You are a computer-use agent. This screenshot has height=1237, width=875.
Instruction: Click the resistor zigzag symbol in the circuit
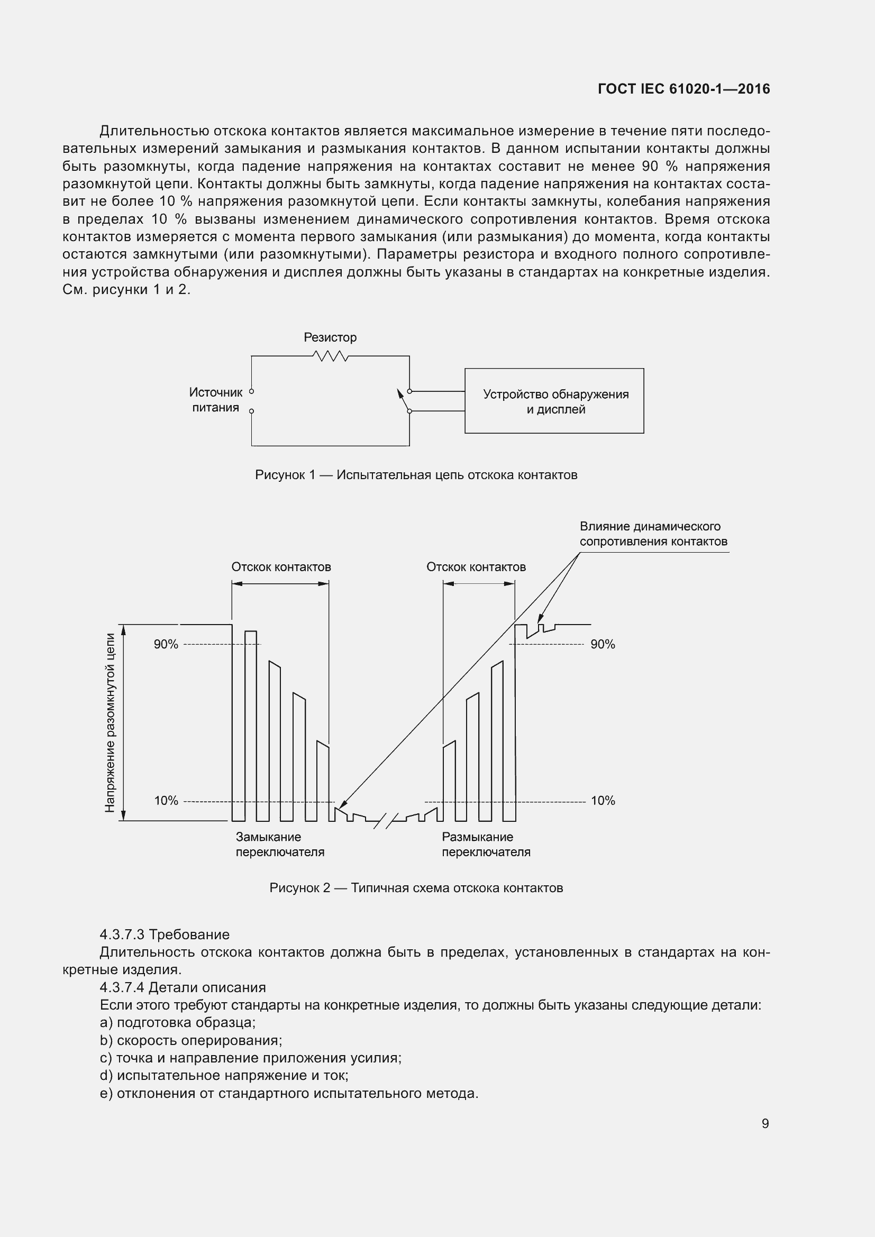point(330,356)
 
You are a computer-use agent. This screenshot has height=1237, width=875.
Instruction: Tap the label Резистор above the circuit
point(330,337)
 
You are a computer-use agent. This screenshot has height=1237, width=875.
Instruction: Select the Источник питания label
point(215,400)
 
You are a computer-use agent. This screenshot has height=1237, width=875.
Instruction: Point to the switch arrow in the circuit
point(402,399)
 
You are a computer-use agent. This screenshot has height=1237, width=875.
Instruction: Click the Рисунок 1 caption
point(416,474)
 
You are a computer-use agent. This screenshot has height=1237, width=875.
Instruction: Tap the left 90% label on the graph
point(166,644)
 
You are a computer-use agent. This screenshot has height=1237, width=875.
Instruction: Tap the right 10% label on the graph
point(603,801)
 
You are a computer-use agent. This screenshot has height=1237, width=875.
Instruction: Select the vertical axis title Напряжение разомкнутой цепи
point(110,722)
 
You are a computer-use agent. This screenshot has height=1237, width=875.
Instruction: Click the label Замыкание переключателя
point(280,844)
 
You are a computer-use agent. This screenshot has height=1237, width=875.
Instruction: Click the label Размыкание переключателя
point(486,844)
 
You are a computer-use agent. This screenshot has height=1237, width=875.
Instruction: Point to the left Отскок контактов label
point(281,567)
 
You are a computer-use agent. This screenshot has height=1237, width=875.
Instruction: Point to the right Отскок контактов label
point(476,567)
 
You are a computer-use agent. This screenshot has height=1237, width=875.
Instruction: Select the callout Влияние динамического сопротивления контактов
point(653,534)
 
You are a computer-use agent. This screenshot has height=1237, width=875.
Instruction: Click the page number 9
point(765,1123)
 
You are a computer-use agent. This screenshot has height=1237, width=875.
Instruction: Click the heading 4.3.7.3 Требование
point(165,934)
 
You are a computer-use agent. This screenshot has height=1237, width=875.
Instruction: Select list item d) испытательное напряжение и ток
point(224,1075)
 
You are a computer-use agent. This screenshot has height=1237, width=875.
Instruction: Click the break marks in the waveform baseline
point(385,821)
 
